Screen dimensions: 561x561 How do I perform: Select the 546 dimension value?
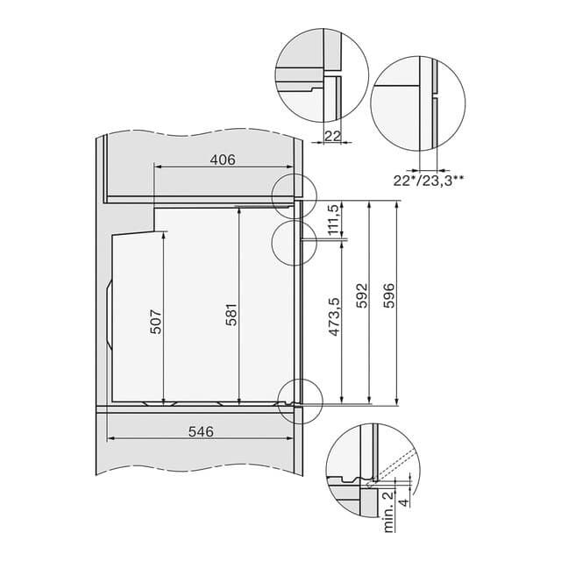199,431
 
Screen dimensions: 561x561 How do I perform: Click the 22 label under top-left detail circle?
332,135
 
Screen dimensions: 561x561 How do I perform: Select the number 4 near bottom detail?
401,501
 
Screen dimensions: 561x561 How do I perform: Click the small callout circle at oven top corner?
292,194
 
